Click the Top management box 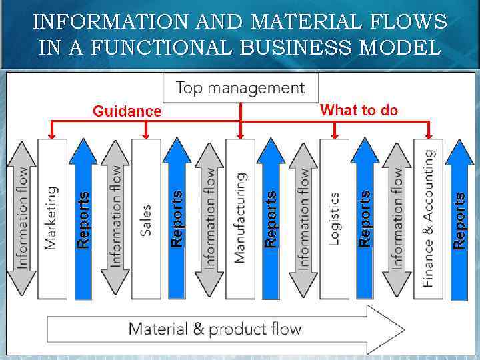point(240,87)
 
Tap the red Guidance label point(127,111)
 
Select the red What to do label point(359,110)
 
